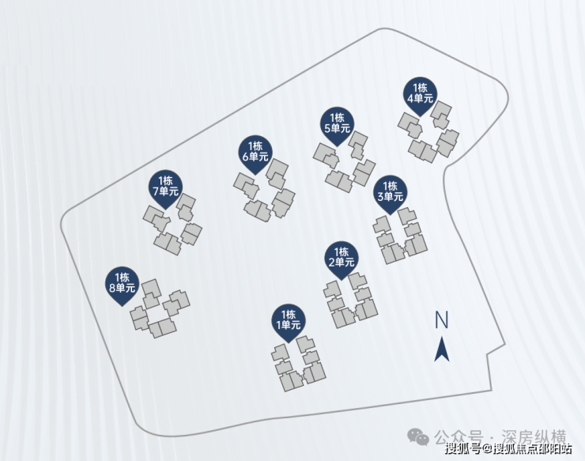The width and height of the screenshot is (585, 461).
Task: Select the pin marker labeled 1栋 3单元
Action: [390, 195]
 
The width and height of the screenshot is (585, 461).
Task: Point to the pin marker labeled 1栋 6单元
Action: [255, 154]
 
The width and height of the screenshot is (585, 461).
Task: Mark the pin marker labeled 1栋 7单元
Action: [165, 189]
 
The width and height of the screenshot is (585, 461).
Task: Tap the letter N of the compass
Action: [441, 320]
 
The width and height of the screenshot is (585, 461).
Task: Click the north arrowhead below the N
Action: [442, 350]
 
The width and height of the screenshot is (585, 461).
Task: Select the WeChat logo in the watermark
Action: [418, 436]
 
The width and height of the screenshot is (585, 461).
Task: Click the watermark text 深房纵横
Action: [534, 437]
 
